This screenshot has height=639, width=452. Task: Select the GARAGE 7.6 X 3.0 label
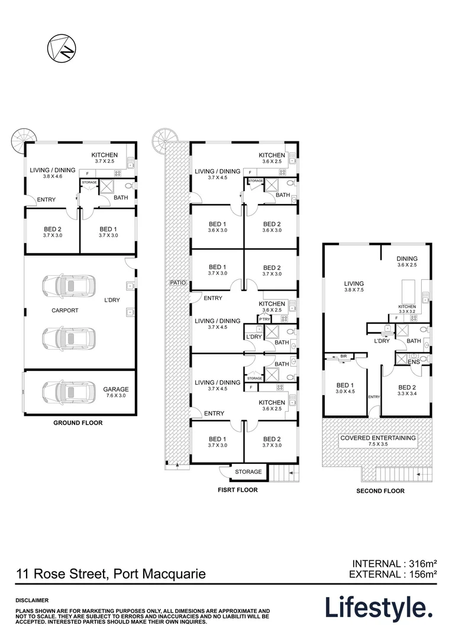pyautogui.click(x=116, y=393)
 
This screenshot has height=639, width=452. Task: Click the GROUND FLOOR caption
pyautogui.click(x=78, y=423)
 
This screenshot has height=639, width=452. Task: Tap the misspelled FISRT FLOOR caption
pyautogui.click(x=234, y=490)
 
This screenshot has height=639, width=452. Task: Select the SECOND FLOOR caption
pyautogui.click(x=380, y=491)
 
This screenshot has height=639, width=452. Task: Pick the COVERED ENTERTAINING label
pyautogui.click(x=377, y=441)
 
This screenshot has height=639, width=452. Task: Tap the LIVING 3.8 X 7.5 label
pyautogui.click(x=354, y=288)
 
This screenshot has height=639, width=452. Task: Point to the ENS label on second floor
pyautogui.click(x=414, y=362)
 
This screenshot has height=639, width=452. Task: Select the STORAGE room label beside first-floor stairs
pyautogui.click(x=248, y=472)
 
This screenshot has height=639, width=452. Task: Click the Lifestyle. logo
pyautogui.click(x=378, y=608)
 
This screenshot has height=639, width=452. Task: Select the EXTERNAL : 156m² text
pyautogui.click(x=393, y=573)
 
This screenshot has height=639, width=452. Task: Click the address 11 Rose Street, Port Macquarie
pyautogui.click(x=111, y=573)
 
